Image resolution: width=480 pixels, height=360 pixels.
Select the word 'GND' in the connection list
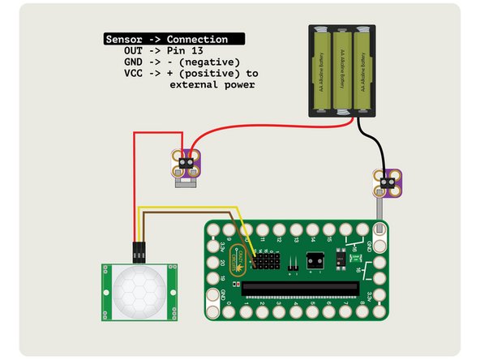click(132, 62)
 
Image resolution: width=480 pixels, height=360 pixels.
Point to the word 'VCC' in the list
click(132, 73)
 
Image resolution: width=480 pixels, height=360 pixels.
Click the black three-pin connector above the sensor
click(139, 251)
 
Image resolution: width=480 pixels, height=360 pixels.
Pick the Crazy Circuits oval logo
click(238, 260)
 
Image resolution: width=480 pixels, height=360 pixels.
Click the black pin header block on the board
click(267, 263)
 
